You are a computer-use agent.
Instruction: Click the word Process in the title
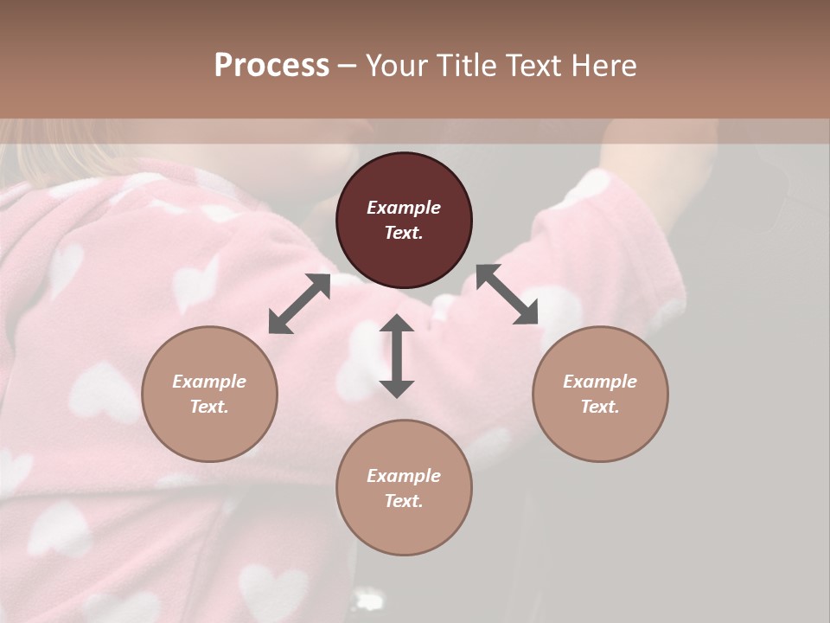point(271,66)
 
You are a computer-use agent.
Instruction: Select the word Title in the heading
point(461,66)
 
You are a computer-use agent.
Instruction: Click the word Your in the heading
point(393,66)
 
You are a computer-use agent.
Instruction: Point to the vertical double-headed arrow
point(397,356)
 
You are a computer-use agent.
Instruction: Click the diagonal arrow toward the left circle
point(299,304)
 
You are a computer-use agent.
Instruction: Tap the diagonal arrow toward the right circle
point(508,294)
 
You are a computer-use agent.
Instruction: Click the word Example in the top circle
point(404,208)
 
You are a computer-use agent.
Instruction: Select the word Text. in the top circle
point(404,233)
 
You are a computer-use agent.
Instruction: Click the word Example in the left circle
point(209,382)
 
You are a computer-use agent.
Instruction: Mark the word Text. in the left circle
point(209,407)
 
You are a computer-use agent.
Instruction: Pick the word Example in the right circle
point(600,382)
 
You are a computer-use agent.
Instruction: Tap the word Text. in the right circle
point(600,407)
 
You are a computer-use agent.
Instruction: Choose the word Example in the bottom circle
point(404,476)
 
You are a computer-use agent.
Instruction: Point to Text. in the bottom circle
point(404,501)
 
